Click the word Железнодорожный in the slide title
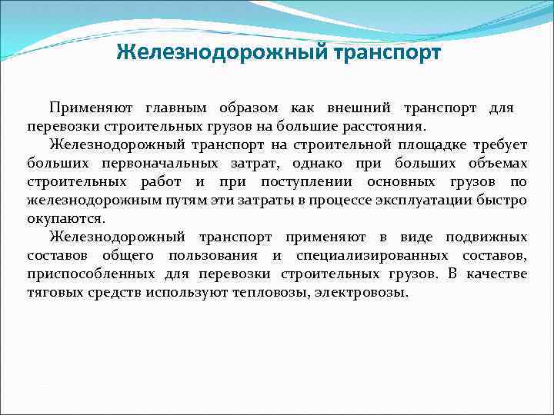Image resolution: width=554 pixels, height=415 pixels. (x=222, y=53)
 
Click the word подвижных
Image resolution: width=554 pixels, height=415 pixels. (x=489, y=237)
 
